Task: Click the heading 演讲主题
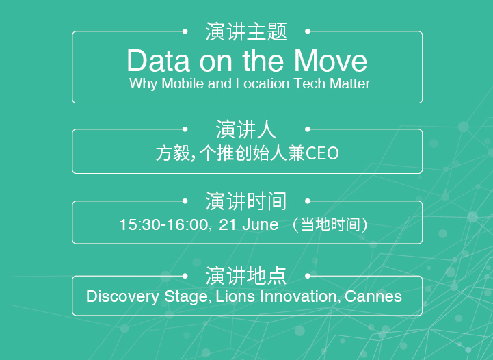[x=246, y=31]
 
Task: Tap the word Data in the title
[x=158, y=61]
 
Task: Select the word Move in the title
[x=330, y=61]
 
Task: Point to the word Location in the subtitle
[x=263, y=83]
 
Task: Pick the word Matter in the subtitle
[x=349, y=83]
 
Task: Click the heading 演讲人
[x=246, y=129]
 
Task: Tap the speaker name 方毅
[x=173, y=153]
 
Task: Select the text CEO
[x=322, y=153]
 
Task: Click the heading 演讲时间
[x=246, y=201]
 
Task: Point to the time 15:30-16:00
[x=163, y=224]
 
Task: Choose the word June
[x=260, y=224]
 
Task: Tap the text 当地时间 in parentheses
[x=330, y=224]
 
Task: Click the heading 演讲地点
[x=246, y=276]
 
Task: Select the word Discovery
[x=122, y=296]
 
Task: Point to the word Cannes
[x=373, y=296]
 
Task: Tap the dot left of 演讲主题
[x=185, y=31]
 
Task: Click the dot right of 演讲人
[x=308, y=129]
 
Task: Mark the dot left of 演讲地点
[x=185, y=276]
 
